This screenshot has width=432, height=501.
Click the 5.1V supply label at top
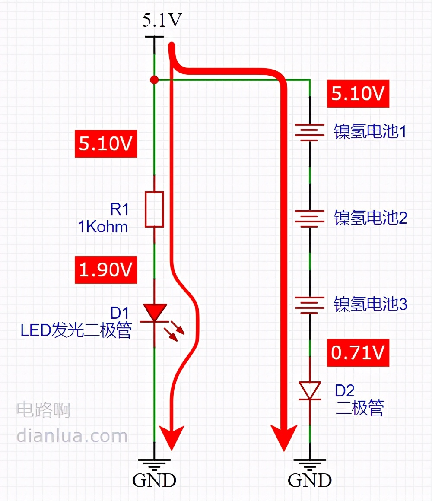pyautogui.click(x=162, y=21)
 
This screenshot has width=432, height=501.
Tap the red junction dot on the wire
pyautogui.click(x=153, y=80)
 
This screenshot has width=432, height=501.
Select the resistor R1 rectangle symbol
pyautogui.click(x=154, y=209)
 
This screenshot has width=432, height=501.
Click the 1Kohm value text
pyautogui.click(x=103, y=226)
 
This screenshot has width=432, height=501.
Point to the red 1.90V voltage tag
pyautogui.click(x=106, y=270)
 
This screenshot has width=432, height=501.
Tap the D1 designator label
pyautogui.click(x=120, y=312)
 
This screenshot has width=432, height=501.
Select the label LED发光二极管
pyautogui.click(x=76, y=330)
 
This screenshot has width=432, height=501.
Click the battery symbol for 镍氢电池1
pyautogui.click(x=310, y=131)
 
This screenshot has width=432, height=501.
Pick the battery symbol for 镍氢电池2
pyautogui.click(x=310, y=217)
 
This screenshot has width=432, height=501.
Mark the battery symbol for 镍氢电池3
pyautogui.click(x=310, y=304)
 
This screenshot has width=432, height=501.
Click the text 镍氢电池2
pyautogui.click(x=370, y=218)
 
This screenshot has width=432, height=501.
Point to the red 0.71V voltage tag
pyautogui.click(x=358, y=353)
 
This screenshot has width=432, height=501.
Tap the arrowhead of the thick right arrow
pyautogui.click(x=284, y=436)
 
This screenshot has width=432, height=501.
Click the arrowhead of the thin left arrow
pyautogui.click(x=172, y=436)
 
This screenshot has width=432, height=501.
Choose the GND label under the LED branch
pyautogui.click(x=154, y=480)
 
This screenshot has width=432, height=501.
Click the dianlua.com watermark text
pyautogui.click(x=72, y=435)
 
